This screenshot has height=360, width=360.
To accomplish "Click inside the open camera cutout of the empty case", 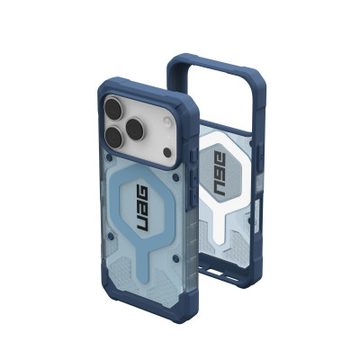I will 211,90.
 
